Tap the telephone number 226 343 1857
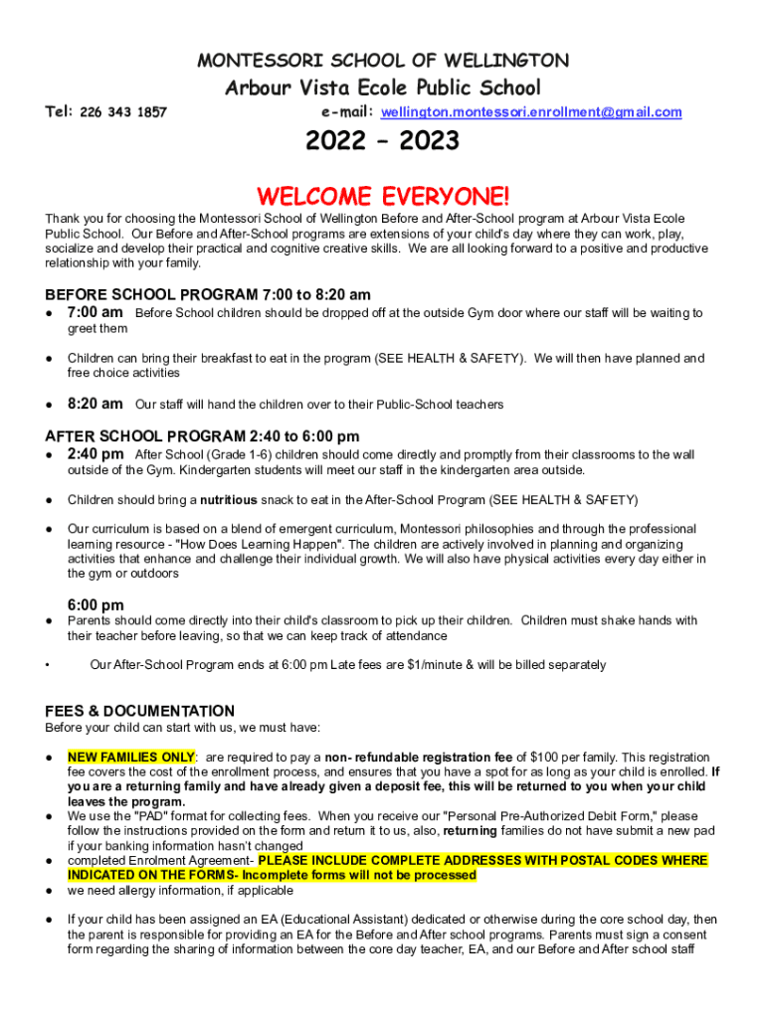click(123, 112)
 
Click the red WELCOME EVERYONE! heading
click(383, 196)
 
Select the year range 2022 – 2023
click(382, 142)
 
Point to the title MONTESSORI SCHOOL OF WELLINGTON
click(383, 60)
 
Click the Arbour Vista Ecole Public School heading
click(382, 87)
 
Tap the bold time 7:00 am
click(96, 312)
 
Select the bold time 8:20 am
click(96, 404)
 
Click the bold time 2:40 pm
click(96, 453)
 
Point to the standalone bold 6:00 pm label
click(96, 604)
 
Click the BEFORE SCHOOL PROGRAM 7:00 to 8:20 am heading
click(208, 294)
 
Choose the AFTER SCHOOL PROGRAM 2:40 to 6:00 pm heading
click(202, 435)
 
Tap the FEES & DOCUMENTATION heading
click(140, 711)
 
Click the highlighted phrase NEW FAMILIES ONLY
click(131, 758)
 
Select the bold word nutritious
click(229, 500)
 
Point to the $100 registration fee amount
click(546, 758)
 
